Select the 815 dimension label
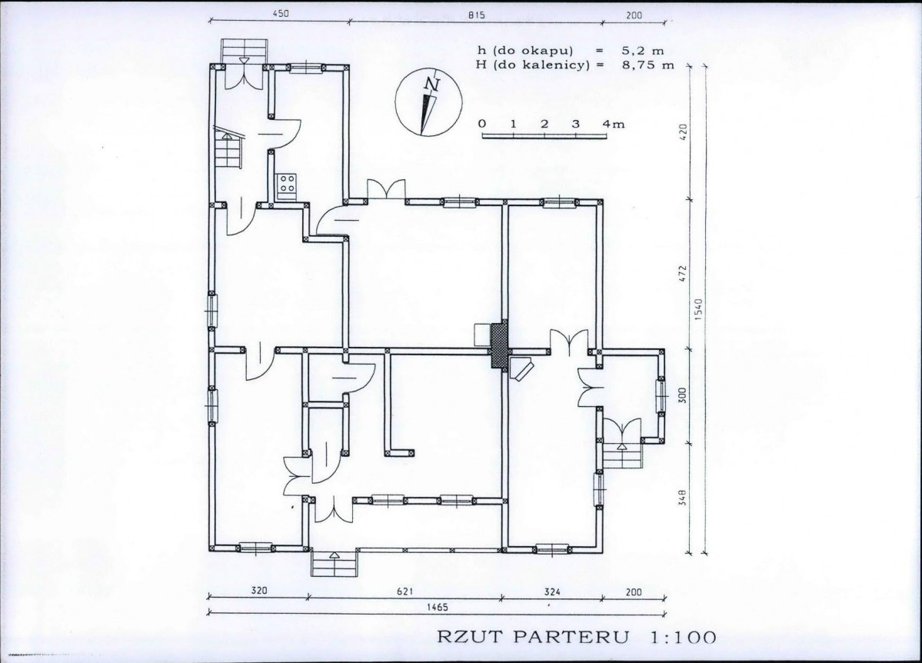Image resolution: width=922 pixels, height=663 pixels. pos(476,15)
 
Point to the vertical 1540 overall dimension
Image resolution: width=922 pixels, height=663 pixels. pos(698,310)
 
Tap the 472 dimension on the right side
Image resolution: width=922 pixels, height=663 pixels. pos(682,275)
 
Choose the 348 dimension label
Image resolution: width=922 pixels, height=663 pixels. pos(682,497)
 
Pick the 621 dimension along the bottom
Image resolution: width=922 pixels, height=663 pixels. pos(404,591)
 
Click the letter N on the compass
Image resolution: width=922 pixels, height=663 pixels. pos(434,85)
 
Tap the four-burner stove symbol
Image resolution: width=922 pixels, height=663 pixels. pos(287,183)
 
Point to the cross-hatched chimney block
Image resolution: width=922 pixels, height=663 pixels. pos(499,345)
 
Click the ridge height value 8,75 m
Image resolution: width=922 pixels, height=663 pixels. pos(648,65)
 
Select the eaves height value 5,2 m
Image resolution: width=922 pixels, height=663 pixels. pos(643,52)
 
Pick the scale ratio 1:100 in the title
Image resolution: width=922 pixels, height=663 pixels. pos(683,637)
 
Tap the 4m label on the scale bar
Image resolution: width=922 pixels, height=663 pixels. pos(614,124)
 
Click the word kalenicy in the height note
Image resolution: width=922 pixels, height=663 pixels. pos(559,65)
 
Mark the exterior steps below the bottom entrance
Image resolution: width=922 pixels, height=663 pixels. pos(334,563)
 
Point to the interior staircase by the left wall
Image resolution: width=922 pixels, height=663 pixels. pos(228,149)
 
